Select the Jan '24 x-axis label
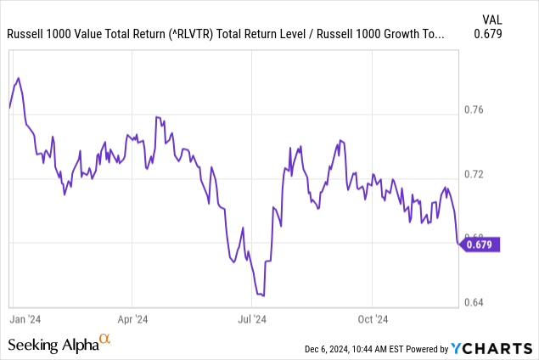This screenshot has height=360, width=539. (x=25, y=319)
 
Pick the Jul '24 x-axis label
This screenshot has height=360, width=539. (x=252, y=319)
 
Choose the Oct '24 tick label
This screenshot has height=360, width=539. (x=373, y=319)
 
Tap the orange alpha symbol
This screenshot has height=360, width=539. (x=105, y=341)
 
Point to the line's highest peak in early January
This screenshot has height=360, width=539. (x=19, y=78)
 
